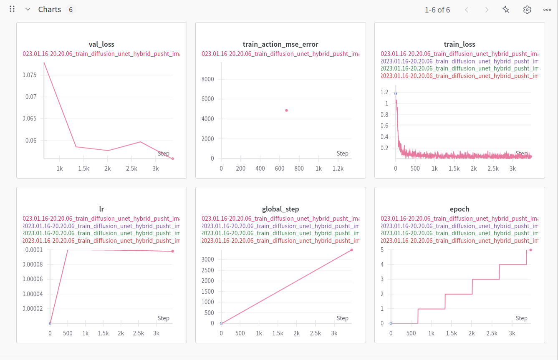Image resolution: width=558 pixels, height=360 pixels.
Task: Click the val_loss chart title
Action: tap(101, 44)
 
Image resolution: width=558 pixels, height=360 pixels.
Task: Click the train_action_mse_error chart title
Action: tap(280, 44)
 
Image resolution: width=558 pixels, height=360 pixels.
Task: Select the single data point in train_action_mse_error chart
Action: tap(286, 111)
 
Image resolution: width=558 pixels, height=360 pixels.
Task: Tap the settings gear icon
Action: tap(527, 10)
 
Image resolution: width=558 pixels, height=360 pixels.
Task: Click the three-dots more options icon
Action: tap(547, 10)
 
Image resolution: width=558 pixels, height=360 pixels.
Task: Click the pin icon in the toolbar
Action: tap(506, 10)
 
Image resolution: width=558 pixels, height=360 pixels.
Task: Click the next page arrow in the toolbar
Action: tap(487, 10)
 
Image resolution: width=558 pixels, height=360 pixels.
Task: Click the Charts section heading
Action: tap(50, 10)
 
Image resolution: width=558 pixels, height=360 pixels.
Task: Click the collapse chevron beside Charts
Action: tap(28, 10)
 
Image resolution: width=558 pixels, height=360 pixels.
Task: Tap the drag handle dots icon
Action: tap(12, 9)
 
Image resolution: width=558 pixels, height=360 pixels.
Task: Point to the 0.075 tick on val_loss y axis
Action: tap(30, 75)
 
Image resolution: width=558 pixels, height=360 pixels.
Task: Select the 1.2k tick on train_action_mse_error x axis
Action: tap(338, 169)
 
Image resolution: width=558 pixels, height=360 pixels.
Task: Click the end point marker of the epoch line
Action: tap(530, 250)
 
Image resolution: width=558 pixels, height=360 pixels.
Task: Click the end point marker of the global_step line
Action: tap(351, 250)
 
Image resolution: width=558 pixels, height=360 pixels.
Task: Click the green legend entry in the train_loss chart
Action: tap(460, 68)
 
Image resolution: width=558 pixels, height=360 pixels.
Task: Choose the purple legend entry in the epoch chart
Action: tap(460, 226)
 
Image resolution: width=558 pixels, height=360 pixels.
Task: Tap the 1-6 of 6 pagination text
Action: tap(437, 10)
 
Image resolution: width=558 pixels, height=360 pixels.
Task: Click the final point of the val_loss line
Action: tap(172, 159)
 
